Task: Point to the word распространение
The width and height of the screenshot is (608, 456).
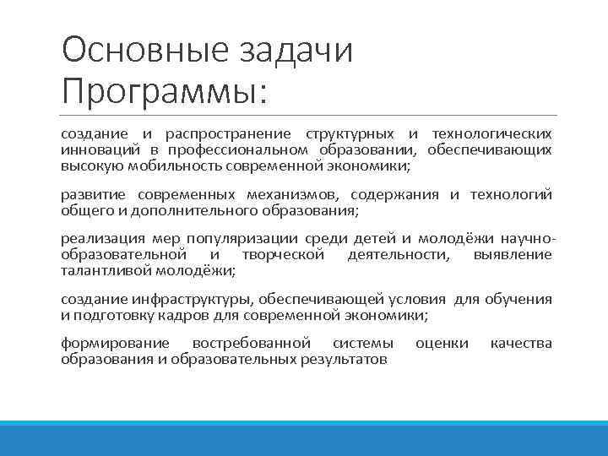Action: [x=228, y=134]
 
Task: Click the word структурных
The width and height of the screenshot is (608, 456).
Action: [x=350, y=134]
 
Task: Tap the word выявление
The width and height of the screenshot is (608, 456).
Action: [x=513, y=254]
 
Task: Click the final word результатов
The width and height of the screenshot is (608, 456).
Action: [x=344, y=359]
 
